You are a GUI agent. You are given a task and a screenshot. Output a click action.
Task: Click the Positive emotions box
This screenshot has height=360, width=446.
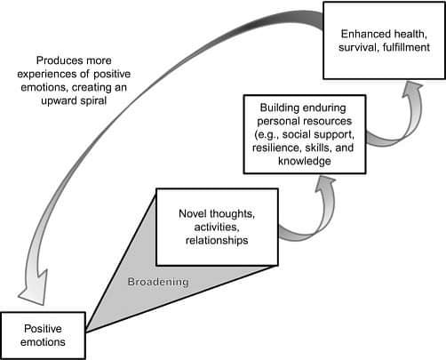point(43,335)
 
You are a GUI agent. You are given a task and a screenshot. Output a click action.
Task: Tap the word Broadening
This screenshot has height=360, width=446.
point(158,282)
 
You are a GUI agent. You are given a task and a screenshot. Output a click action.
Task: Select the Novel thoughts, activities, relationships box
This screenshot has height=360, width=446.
point(217,227)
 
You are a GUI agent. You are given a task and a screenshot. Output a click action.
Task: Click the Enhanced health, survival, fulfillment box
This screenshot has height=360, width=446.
point(384,41)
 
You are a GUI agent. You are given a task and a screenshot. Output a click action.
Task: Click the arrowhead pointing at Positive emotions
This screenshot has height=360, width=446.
point(33,288)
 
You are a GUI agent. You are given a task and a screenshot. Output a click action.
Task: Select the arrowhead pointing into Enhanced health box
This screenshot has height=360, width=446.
point(412,90)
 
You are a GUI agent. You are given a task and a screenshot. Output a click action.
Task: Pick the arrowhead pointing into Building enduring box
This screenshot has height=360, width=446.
point(325,184)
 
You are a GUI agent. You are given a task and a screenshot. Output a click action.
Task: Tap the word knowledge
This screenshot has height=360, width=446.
point(305,161)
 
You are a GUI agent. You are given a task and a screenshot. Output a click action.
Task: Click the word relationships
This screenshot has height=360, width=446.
point(217,240)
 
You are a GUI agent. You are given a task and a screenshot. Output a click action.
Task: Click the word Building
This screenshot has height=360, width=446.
point(280,108)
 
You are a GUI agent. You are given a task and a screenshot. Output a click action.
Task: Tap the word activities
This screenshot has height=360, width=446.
point(217,228)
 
